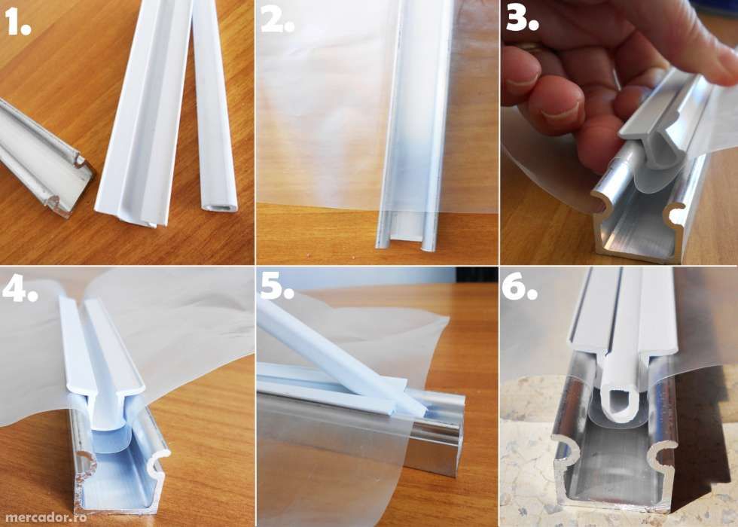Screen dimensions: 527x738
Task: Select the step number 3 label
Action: coord(521,21)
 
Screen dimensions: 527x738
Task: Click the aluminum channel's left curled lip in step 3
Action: coord(599,203)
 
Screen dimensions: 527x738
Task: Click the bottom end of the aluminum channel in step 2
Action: coord(407,237)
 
